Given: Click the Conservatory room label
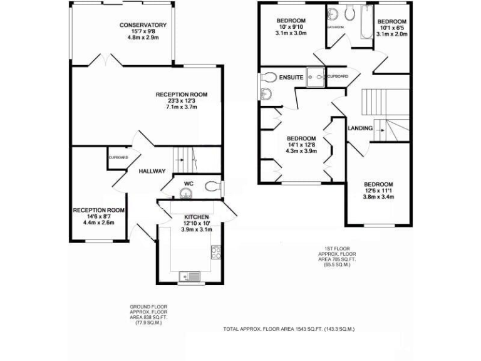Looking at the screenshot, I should click(143, 25).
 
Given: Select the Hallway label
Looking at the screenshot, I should click(152, 171).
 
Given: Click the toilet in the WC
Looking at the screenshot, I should click(213, 185).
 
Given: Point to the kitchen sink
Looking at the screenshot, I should click(189, 275).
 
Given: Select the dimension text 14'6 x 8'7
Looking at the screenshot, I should click(98, 216).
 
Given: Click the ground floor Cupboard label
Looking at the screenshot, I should click(118, 157).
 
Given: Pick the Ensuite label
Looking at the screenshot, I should click(291, 77).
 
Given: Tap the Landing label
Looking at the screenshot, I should click(359, 128).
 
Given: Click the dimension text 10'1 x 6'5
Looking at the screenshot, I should click(392, 28).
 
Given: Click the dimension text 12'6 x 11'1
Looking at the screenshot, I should click(379, 190).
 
